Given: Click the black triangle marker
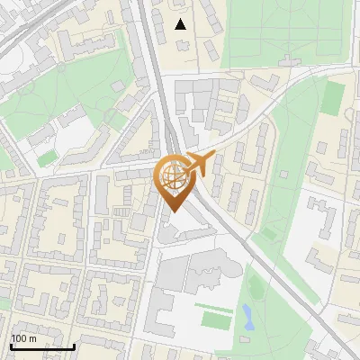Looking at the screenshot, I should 181,24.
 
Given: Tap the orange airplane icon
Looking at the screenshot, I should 199,164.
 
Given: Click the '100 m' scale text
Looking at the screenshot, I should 24,338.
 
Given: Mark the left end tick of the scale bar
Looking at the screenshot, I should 11,346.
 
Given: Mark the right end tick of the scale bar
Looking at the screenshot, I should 74,346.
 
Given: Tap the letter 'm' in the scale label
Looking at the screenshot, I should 33,338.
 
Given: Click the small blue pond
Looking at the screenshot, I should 247,315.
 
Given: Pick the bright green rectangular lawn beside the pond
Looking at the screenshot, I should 216,319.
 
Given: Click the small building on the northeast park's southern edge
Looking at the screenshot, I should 288,60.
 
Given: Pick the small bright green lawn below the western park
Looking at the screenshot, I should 47,157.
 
